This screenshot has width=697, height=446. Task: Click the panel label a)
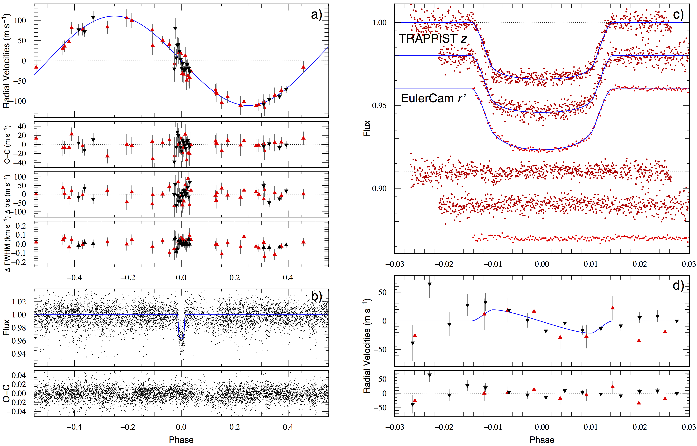(316, 14)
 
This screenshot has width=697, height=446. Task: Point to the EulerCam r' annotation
(433, 98)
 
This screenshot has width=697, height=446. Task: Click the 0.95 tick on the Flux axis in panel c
(379, 105)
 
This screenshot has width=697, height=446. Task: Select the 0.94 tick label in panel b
(19, 354)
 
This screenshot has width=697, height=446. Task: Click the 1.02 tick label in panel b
(19, 302)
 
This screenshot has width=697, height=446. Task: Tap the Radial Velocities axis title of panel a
(6, 61)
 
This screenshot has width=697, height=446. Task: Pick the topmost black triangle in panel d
(429, 284)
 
